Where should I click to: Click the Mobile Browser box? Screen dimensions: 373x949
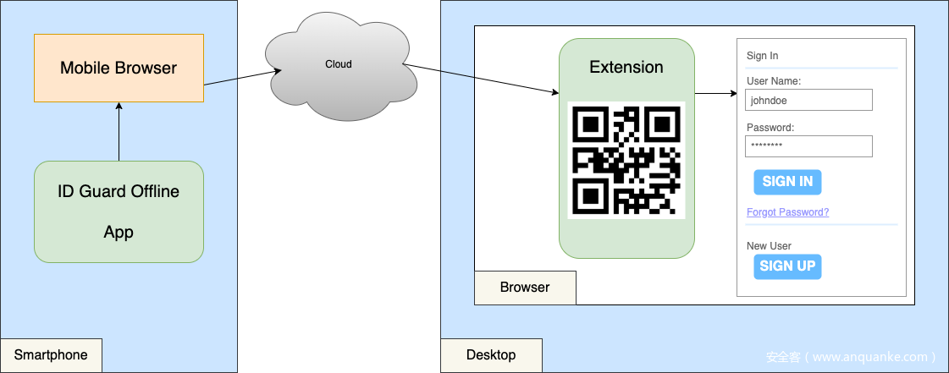[119, 69]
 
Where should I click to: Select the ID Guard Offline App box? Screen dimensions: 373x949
[119, 211]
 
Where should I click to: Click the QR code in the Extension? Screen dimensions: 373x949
[626, 160]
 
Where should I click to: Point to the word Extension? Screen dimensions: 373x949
[626, 68]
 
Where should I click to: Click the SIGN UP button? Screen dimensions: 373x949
[787, 266]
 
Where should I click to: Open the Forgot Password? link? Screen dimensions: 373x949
[787, 212]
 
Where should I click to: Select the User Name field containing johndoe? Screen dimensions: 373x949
[808, 100]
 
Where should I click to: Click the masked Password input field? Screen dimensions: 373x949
[808, 146]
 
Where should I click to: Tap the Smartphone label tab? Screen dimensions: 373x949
[51, 355]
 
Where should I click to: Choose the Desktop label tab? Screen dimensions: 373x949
[491, 355]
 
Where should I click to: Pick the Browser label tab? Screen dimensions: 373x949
[525, 288]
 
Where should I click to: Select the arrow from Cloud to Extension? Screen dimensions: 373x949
[483, 80]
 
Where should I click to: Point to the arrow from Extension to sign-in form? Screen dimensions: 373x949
[715, 93]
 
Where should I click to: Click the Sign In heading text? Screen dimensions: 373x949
[762, 56]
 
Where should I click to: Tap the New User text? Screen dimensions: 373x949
[769, 246]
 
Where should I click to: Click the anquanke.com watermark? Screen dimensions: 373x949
[851, 357]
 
